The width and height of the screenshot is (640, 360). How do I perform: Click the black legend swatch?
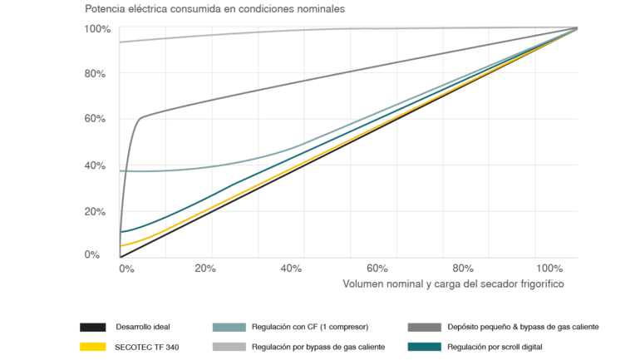(93, 328)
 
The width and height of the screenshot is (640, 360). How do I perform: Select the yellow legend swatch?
(93, 347)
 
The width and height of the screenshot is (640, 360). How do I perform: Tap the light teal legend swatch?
(229, 328)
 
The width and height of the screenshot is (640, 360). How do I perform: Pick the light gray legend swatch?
(229, 347)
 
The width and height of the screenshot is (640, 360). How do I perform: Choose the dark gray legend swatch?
(425, 328)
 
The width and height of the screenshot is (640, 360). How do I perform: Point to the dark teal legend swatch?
(425, 347)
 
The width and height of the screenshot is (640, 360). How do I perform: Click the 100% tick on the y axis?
(96, 29)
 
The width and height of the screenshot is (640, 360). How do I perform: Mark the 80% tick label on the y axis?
(96, 74)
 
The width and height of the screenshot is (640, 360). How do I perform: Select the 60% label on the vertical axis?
(96, 119)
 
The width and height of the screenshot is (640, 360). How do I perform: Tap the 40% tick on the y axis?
(96, 165)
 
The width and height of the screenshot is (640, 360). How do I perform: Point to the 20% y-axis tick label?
(96, 210)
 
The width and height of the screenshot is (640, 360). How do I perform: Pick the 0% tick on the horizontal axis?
(126, 269)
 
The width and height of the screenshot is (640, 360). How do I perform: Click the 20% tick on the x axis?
(205, 269)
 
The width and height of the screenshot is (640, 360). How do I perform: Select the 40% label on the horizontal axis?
(292, 269)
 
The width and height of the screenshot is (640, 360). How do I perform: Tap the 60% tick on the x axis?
(378, 269)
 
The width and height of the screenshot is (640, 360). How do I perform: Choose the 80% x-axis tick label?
(464, 269)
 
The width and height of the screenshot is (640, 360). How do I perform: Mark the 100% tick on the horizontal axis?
(549, 269)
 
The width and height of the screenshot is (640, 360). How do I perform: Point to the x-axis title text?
(454, 284)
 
